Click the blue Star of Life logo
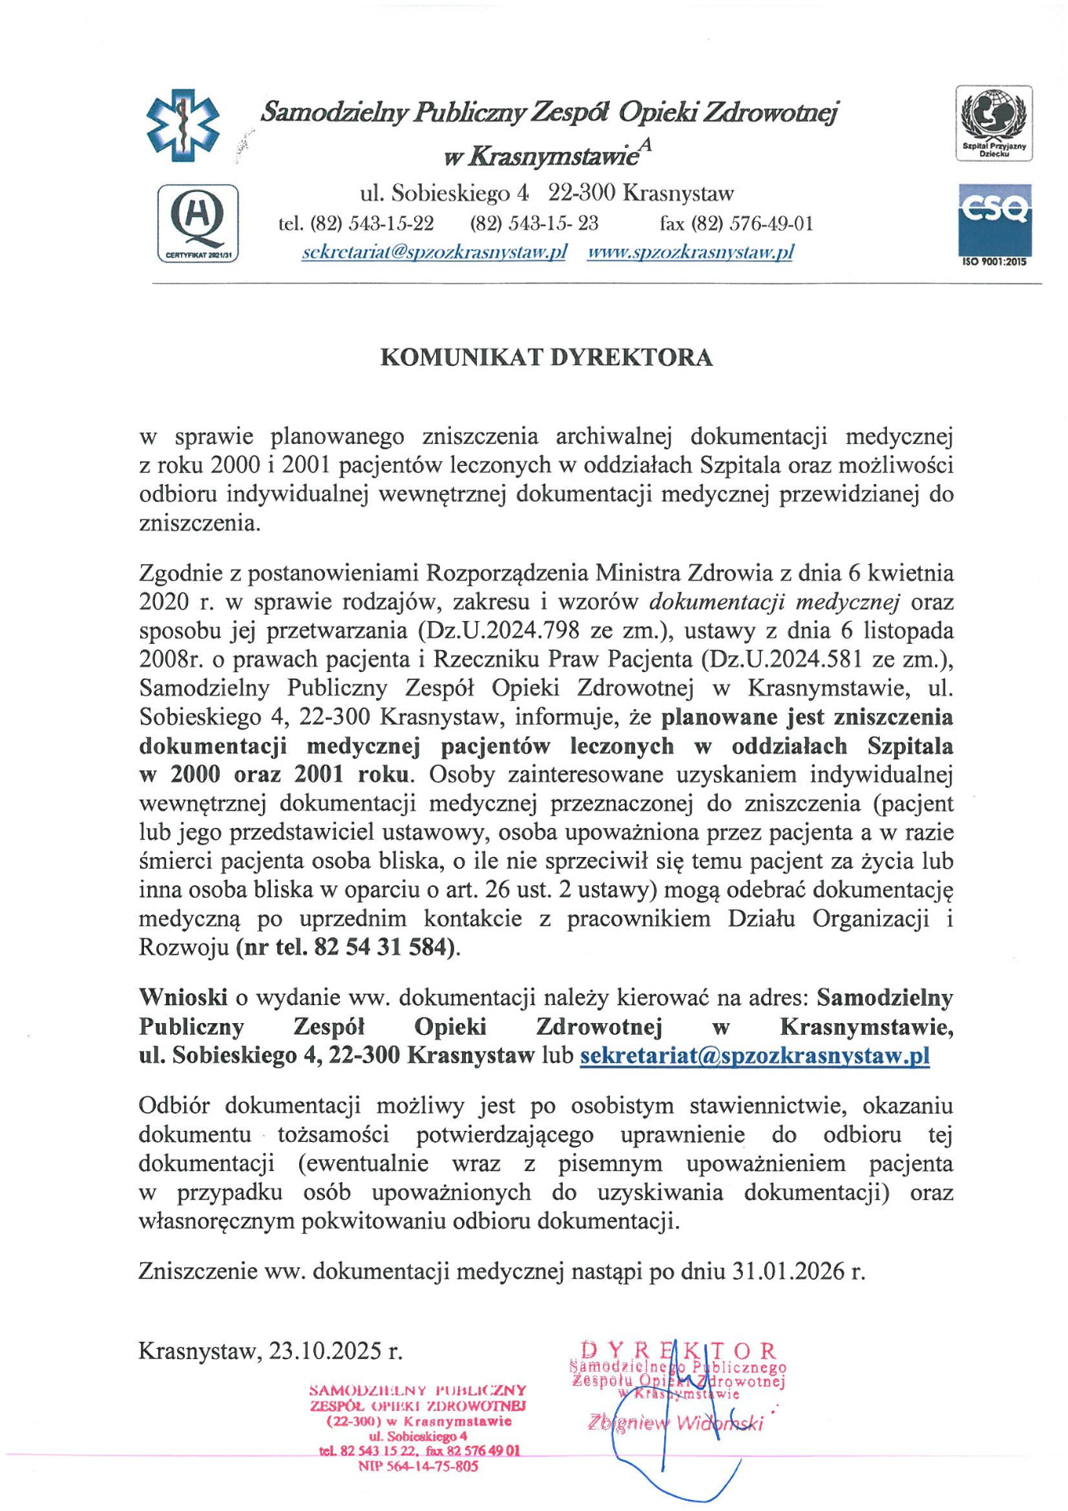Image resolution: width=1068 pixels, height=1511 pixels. pos(183,125)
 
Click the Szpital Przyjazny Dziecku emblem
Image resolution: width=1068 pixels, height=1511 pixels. pos(994,124)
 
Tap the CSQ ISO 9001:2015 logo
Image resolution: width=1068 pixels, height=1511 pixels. pos(994,224)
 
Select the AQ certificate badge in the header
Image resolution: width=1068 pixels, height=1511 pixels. pos(198,223)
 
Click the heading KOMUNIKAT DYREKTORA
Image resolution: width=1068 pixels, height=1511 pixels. pos(546,357)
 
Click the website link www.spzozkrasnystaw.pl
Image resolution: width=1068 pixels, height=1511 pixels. pos(690,252)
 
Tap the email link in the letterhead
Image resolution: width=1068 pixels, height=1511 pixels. pos(434,252)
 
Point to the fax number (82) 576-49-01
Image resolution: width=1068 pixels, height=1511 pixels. pos(736,224)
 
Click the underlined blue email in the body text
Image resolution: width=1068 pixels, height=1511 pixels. pos(754,1055)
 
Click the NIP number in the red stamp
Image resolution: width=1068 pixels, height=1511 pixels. pos(418,1466)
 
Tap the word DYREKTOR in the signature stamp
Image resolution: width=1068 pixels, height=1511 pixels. pos(678,1351)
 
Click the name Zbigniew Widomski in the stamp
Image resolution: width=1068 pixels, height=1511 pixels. pos(675,1423)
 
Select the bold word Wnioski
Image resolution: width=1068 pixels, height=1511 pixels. pos(183,997)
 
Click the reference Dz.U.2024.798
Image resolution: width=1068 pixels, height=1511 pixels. pos(502,630)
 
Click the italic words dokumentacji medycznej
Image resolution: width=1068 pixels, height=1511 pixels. pos(774,602)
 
